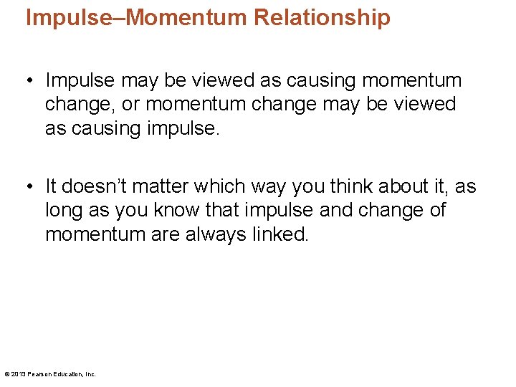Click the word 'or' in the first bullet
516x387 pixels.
click(x=130, y=105)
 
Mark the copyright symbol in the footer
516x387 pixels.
click(x=6, y=374)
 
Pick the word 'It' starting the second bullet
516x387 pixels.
click(x=51, y=186)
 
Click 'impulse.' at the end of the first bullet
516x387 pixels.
click(x=181, y=128)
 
